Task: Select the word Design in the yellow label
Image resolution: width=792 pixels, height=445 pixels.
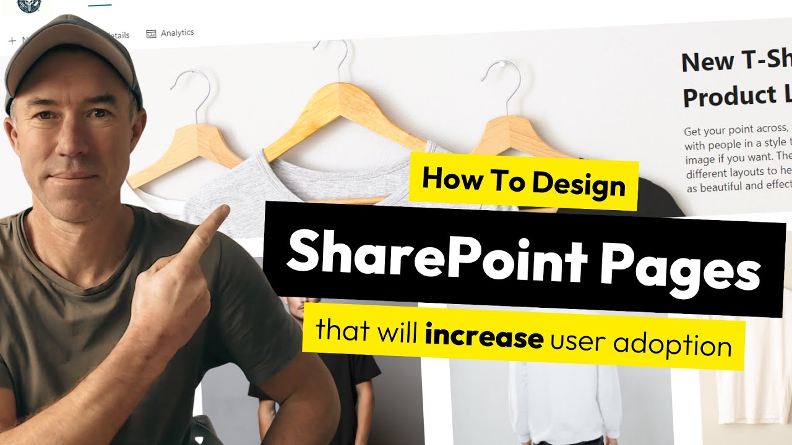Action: (x=579, y=184)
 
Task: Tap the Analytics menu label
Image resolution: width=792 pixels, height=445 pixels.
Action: (x=177, y=33)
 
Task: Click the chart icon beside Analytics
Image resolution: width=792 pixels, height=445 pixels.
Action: (x=151, y=34)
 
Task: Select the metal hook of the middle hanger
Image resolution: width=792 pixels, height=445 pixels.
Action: (x=332, y=59)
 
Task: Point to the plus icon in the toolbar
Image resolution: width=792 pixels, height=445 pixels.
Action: (x=12, y=41)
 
